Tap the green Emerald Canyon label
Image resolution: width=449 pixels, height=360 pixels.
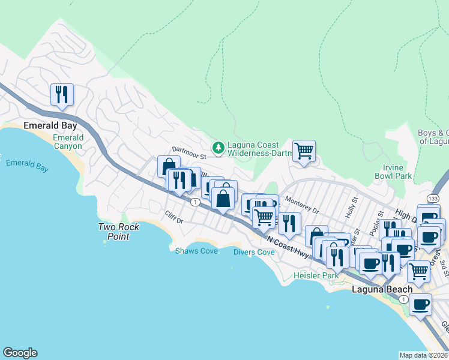pyautogui.click(x=68, y=142)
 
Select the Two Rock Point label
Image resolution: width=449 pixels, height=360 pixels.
pyautogui.click(x=119, y=231)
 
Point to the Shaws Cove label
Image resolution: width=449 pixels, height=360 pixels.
pyautogui.click(x=196, y=251)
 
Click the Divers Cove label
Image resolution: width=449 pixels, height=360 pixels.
pyautogui.click(x=254, y=252)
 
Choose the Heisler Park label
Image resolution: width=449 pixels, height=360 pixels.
pyautogui.click(x=316, y=275)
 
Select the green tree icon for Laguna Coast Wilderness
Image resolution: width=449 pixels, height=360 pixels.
pyautogui.click(x=218, y=146)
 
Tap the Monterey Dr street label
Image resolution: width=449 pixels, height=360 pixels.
pyautogui.click(x=303, y=205)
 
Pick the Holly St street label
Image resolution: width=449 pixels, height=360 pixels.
pyautogui.click(x=351, y=208)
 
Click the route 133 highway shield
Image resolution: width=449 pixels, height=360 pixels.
pyautogui.click(x=433, y=198)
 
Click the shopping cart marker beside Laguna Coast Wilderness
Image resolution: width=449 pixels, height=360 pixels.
pyautogui.click(x=304, y=151)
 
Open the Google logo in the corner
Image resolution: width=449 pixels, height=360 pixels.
pyautogui.click(x=20, y=353)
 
